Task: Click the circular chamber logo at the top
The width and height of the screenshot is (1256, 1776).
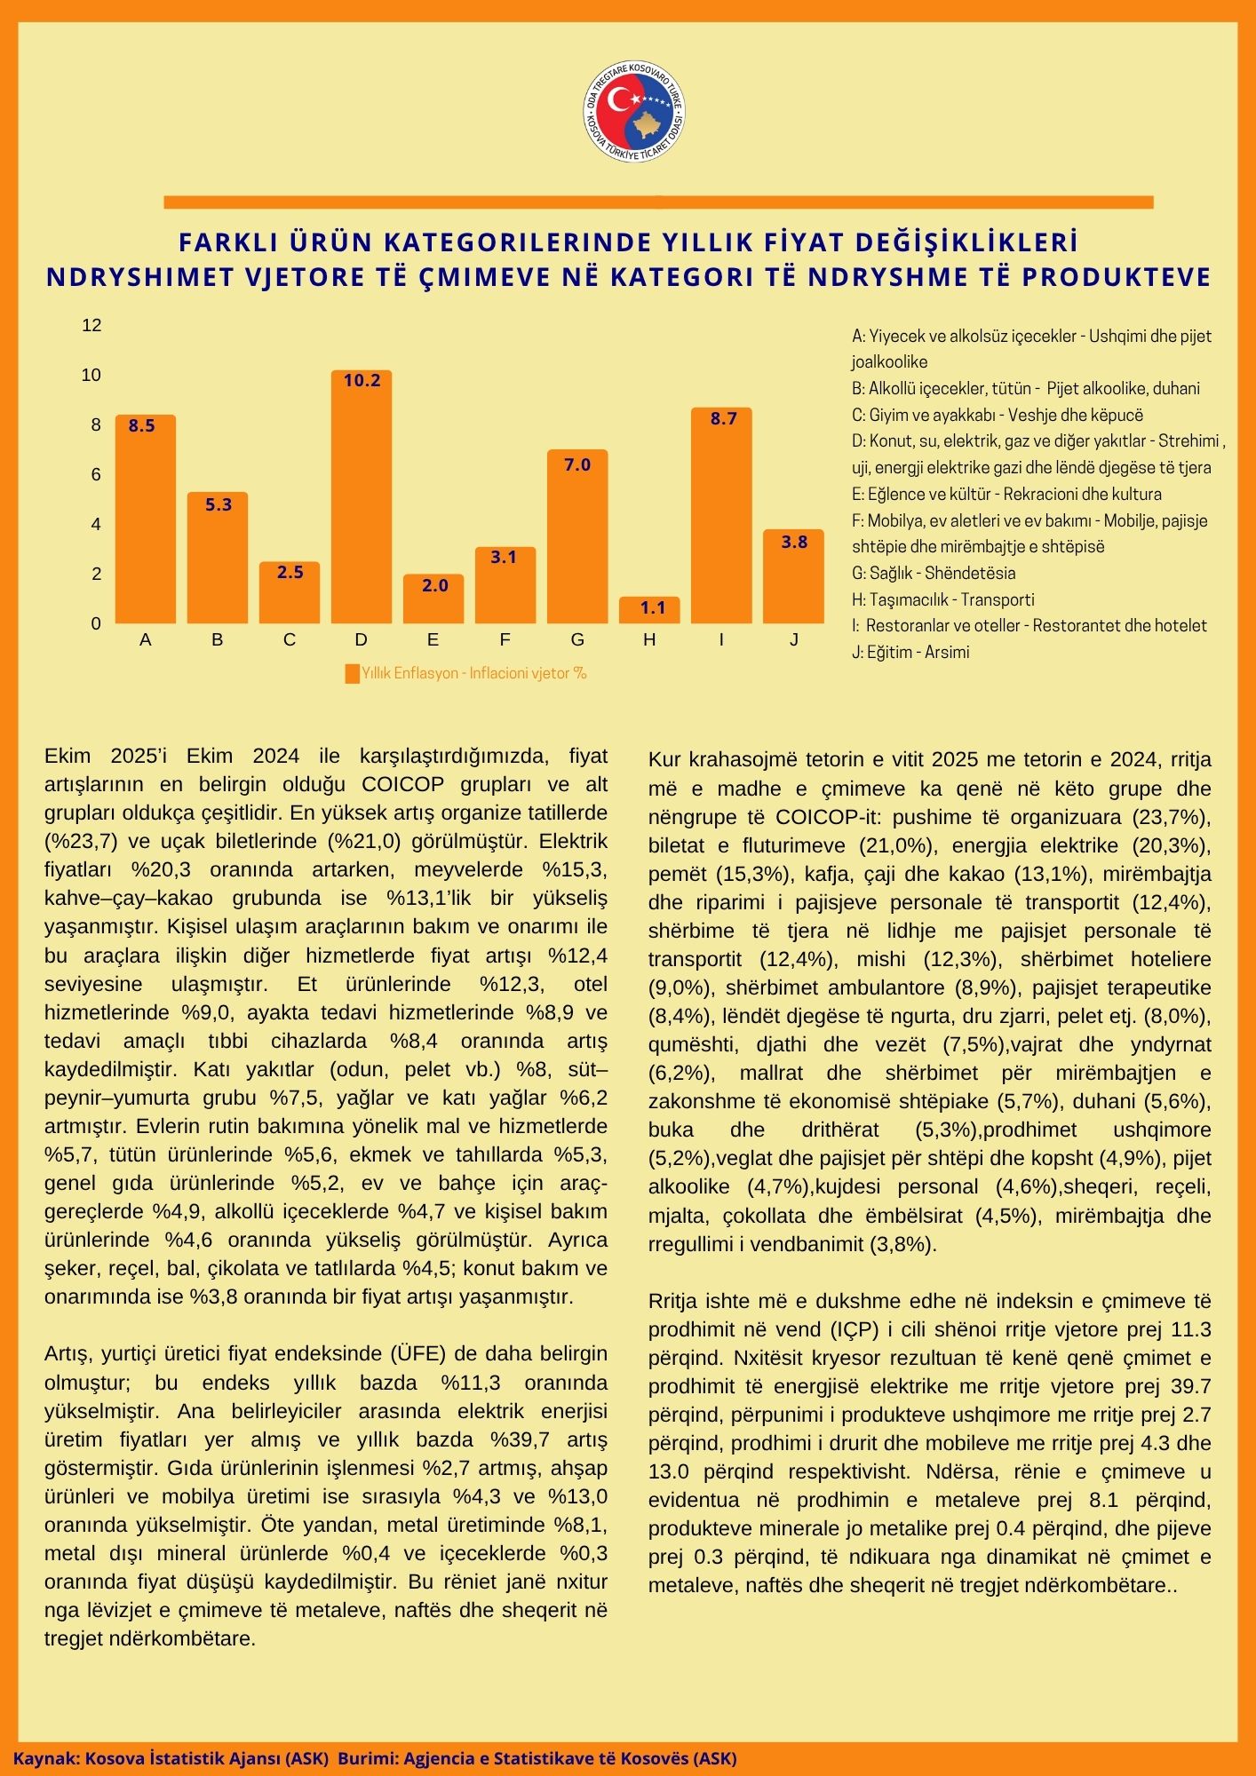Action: click(x=634, y=112)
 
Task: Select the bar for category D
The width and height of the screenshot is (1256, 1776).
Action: click(x=361, y=497)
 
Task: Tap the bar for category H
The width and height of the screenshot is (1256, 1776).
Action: click(x=649, y=610)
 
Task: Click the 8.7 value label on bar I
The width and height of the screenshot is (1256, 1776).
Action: click(x=723, y=418)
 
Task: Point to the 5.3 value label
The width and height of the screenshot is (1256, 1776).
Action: click(x=218, y=504)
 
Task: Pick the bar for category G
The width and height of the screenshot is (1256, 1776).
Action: click(x=577, y=537)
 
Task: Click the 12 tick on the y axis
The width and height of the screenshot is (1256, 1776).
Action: click(x=91, y=325)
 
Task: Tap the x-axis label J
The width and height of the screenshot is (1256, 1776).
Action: click(x=794, y=639)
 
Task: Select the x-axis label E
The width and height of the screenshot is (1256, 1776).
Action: click(x=433, y=639)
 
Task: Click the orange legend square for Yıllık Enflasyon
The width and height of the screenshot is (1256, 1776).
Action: click(x=352, y=673)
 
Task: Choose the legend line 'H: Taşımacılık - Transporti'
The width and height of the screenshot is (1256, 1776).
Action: click(x=942, y=599)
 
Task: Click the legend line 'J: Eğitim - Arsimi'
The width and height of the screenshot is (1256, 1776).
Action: click(x=910, y=652)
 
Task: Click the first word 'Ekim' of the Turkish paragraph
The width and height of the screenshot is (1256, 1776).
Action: click(x=68, y=756)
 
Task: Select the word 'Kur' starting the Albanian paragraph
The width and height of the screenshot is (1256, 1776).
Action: click(x=664, y=759)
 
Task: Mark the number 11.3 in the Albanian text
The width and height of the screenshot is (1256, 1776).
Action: click(x=1192, y=1329)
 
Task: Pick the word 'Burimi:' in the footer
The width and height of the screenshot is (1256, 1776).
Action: click(x=366, y=1758)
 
